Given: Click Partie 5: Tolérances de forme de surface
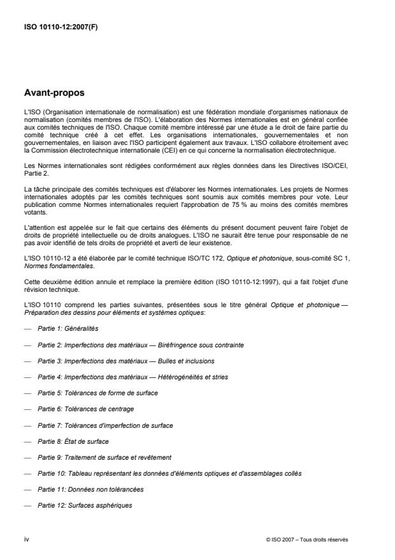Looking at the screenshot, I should click(98, 393).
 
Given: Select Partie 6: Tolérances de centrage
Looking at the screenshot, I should click(86, 409).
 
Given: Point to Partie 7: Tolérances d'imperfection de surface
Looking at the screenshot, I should click(105, 425).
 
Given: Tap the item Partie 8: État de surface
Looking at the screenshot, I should click(73, 441).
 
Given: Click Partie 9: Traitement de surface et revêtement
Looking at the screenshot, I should click(105, 457).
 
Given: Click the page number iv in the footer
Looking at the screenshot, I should click(26, 540).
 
